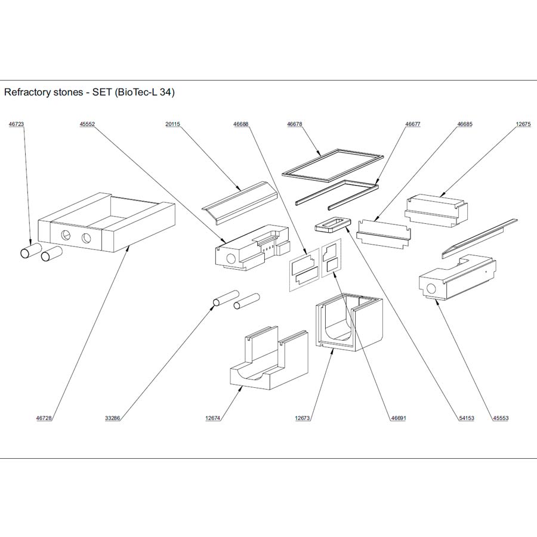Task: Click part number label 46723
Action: click(16, 124)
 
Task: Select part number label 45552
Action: click(87, 124)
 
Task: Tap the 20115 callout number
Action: click(172, 124)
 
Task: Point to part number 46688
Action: click(241, 124)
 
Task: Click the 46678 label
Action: click(295, 124)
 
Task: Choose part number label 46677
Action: click(413, 124)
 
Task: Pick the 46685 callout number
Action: click(465, 124)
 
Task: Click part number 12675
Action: click(523, 124)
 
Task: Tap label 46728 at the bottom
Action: click(44, 418)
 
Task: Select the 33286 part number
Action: click(113, 418)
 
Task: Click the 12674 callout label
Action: click(213, 418)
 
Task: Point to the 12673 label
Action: click(303, 418)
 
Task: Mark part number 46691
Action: click(398, 418)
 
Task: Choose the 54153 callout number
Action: click(467, 418)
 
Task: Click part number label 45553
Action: click(501, 418)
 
